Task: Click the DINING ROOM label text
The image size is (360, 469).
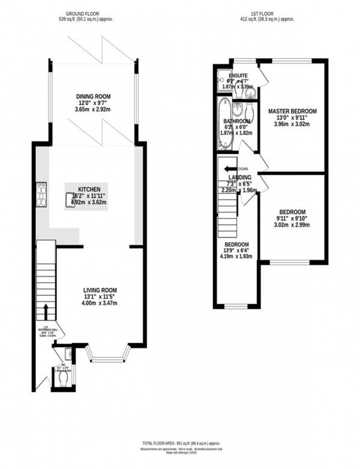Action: point(91,97)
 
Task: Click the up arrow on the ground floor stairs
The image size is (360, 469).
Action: point(46,312)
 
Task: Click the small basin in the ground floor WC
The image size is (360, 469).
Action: point(69,354)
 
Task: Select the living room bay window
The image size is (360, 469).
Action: point(108,354)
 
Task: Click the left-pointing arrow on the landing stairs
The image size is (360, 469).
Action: point(231,169)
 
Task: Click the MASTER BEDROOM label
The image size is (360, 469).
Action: point(292,111)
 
